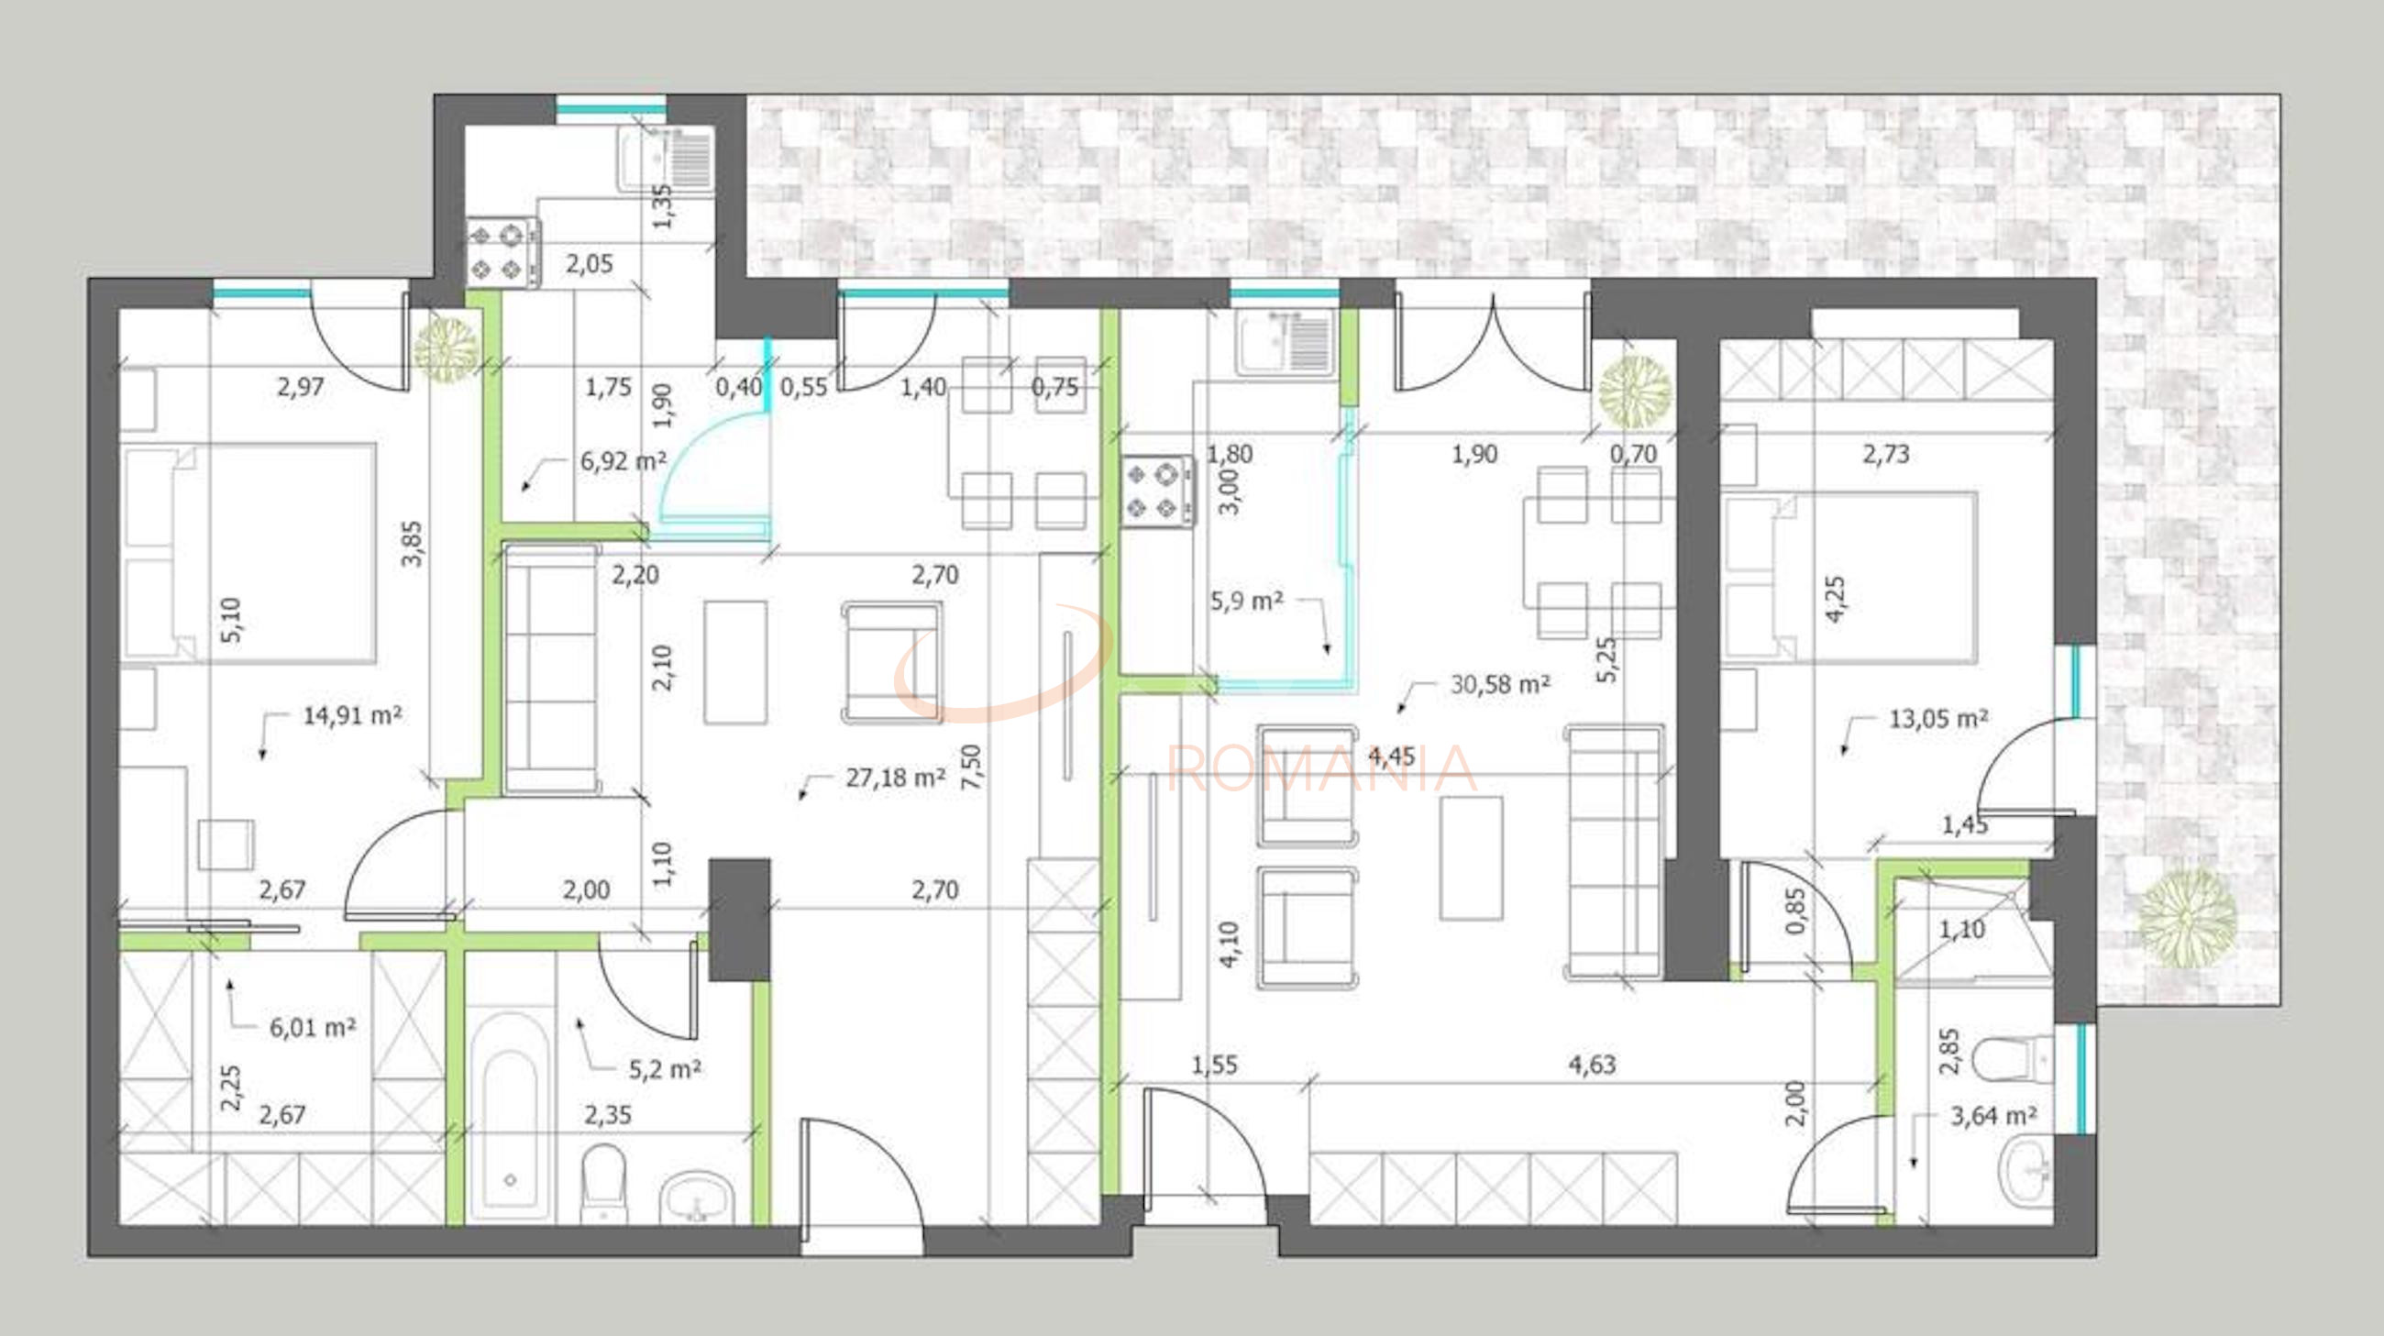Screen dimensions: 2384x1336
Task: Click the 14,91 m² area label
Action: [353, 715]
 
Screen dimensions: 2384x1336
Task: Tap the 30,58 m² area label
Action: [1500, 685]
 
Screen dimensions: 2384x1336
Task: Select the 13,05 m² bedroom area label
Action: [1939, 719]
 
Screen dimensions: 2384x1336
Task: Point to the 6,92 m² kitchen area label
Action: [623, 460]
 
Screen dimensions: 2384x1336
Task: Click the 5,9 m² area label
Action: [1247, 602]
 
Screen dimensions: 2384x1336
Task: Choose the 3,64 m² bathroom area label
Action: [1993, 1116]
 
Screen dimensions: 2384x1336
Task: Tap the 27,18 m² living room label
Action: [895, 778]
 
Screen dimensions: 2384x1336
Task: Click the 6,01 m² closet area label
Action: [313, 1027]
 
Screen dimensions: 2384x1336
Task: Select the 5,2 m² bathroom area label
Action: [665, 1069]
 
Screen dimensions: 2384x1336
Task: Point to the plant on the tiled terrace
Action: [2189, 918]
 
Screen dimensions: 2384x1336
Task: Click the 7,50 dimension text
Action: [971, 767]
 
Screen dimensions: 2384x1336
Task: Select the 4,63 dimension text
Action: [1592, 1065]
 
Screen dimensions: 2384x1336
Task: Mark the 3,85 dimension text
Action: [413, 544]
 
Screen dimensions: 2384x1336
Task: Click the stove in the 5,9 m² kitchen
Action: [1157, 491]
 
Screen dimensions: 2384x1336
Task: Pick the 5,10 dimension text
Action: [231, 620]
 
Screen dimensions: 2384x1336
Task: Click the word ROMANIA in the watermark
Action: [1322, 768]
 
